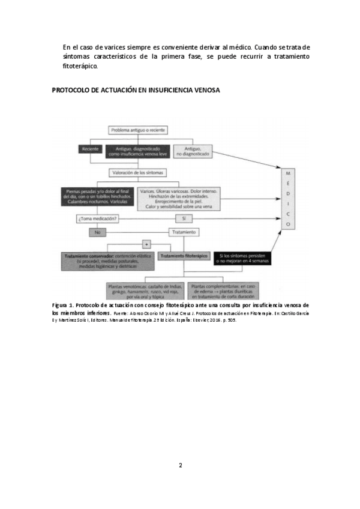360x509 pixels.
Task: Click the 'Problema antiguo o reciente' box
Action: (x=138, y=130)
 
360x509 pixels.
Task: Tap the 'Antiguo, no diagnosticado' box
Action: (x=192, y=151)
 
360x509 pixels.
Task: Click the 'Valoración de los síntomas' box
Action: (x=138, y=173)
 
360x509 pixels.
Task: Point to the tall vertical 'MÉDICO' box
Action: (x=288, y=198)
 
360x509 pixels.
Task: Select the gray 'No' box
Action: (x=97, y=232)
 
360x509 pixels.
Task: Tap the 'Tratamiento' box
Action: (x=183, y=232)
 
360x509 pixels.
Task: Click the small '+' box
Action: (x=146, y=244)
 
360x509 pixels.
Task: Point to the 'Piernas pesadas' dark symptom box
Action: (x=96, y=197)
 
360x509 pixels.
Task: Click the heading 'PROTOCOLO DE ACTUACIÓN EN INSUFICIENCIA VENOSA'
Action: (x=136, y=91)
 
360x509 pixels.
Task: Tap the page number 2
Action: (x=180, y=465)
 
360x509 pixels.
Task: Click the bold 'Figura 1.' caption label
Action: (x=63, y=306)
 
